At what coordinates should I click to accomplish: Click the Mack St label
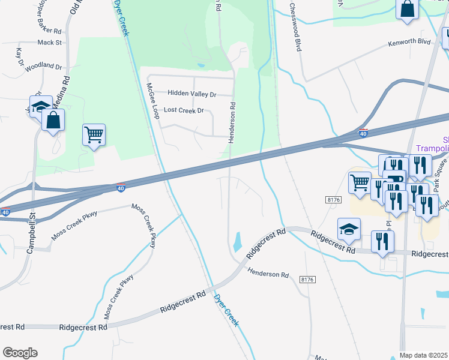click(x=50, y=43)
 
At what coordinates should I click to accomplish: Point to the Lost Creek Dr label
click(x=184, y=110)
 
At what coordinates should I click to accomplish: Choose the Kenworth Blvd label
click(x=409, y=43)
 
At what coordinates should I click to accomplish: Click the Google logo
click(x=20, y=352)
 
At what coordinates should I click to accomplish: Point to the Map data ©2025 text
click(x=423, y=355)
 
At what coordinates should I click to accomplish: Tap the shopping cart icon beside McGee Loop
click(x=94, y=135)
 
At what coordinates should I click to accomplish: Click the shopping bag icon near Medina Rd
click(x=53, y=120)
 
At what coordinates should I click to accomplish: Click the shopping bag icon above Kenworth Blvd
click(x=407, y=9)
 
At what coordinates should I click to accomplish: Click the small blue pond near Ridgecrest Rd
click(x=237, y=242)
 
